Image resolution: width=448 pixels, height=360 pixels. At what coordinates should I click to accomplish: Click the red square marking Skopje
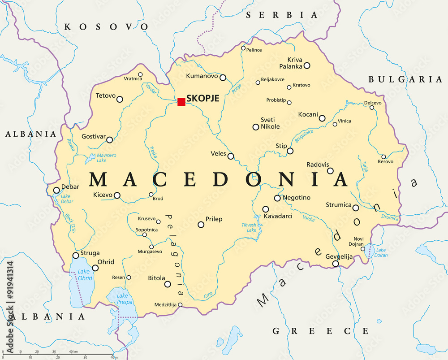[181, 102]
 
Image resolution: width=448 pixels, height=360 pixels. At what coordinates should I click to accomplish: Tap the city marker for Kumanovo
[223, 77]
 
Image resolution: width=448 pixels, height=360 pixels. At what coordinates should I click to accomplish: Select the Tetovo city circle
[120, 99]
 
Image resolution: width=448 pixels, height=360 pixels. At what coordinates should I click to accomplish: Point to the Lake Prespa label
[122, 299]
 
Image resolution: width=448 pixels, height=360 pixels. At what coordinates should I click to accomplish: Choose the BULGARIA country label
[405, 79]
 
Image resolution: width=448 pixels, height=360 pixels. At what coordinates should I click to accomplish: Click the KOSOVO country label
[106, 27]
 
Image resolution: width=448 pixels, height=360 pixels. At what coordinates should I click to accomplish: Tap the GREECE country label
[321, 331]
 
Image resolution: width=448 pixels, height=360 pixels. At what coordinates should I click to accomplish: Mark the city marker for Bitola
[168, 284]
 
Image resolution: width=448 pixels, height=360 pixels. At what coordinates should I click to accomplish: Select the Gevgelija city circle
[336, 264]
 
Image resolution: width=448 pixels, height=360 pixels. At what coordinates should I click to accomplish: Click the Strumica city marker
[356, 208]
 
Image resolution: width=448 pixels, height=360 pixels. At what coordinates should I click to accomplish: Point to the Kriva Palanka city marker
[307, 65]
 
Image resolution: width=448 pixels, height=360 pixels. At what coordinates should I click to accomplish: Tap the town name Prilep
[214, 219]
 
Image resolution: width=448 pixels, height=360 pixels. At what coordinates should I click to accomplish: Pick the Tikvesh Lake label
[249, 227]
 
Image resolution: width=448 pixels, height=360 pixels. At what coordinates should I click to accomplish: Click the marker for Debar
[56, 190]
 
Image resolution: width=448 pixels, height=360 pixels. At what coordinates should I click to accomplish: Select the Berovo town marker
[383, 156]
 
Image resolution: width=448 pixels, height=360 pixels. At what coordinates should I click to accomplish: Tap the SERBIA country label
[282, 15]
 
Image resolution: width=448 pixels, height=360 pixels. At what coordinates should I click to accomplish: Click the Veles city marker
[231, 156]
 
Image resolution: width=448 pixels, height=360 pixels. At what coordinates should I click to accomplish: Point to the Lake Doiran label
[381, 252]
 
